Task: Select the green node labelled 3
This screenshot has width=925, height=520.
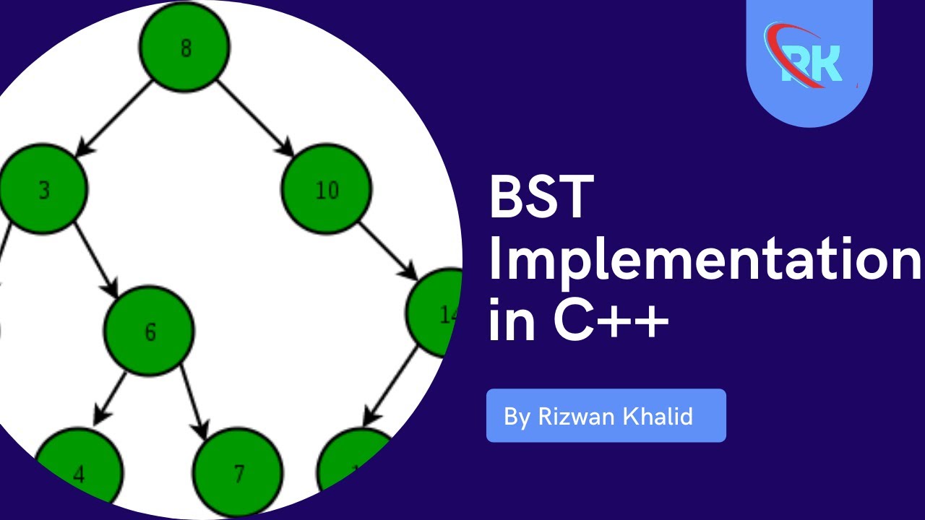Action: pos(43,189)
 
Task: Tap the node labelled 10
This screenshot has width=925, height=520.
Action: pos(327,189)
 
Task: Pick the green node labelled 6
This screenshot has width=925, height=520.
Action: pos(150,331)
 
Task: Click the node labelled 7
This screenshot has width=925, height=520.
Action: pos(238,473)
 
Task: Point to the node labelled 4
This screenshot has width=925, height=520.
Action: pos(79,473)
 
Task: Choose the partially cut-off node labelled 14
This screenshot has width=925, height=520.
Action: pos(437,312)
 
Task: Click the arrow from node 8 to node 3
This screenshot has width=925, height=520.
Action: pos(116,117)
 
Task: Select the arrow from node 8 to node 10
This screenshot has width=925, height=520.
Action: pos(255,117)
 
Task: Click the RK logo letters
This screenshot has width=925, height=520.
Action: pos(811,64)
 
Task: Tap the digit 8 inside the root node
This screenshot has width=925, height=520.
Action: pos(186,50)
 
